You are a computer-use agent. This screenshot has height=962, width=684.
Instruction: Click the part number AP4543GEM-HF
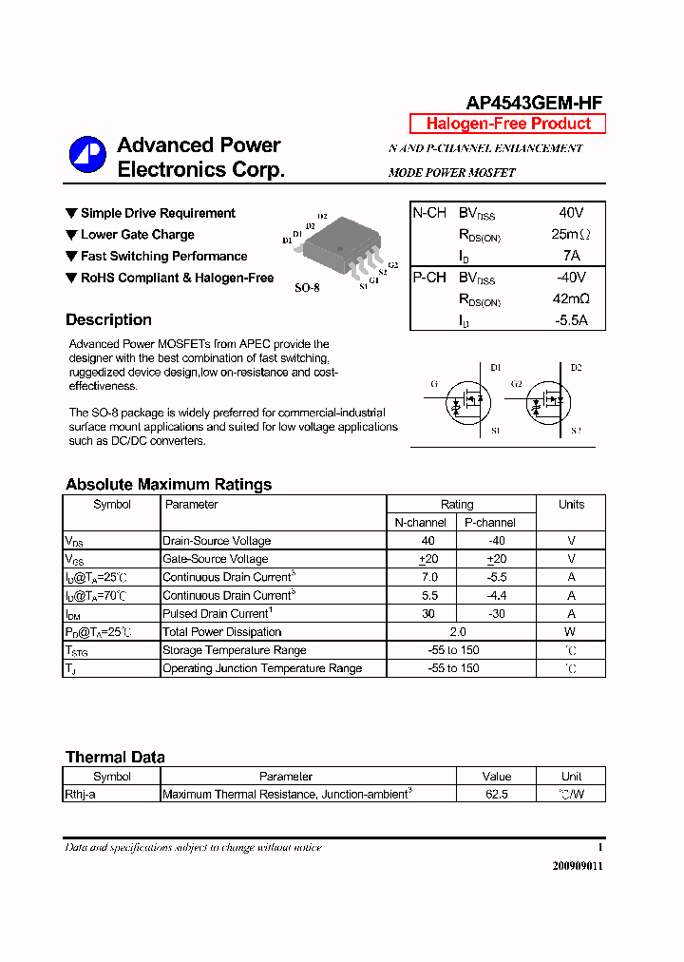[x=534, y=104]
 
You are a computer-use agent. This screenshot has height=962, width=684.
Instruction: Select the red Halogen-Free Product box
[x=507, y=124]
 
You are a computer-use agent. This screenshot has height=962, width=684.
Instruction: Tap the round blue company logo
[x=87, y=155]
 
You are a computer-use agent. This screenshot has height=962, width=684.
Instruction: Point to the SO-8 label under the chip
[x=306, y=287]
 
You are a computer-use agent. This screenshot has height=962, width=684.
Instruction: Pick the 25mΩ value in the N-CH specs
[x=570, y=234]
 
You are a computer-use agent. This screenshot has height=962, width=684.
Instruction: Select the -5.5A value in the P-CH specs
[x=570, y=320]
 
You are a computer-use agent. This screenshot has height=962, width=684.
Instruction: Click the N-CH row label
[x=429, y=213]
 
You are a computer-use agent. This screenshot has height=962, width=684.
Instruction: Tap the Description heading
[x=108, y=320]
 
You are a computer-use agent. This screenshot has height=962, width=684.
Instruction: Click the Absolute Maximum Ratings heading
[x=168, y=485]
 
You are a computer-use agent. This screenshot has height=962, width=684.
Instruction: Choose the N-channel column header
[x=421, y=523]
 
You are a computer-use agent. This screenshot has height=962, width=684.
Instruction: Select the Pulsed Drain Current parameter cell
[x=218, y=614]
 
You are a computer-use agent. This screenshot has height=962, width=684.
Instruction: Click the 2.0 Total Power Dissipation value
[x=457, y=632]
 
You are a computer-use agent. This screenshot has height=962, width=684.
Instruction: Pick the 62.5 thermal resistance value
[x=496, y=794]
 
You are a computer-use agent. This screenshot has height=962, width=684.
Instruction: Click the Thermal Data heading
[x=115, y=758]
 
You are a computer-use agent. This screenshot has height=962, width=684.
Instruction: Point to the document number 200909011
[x=577, y=866]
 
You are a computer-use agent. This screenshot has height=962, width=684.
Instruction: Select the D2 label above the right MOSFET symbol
[x=576, y=367]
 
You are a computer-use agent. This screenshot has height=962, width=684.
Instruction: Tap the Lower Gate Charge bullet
[x=137, y=235]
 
